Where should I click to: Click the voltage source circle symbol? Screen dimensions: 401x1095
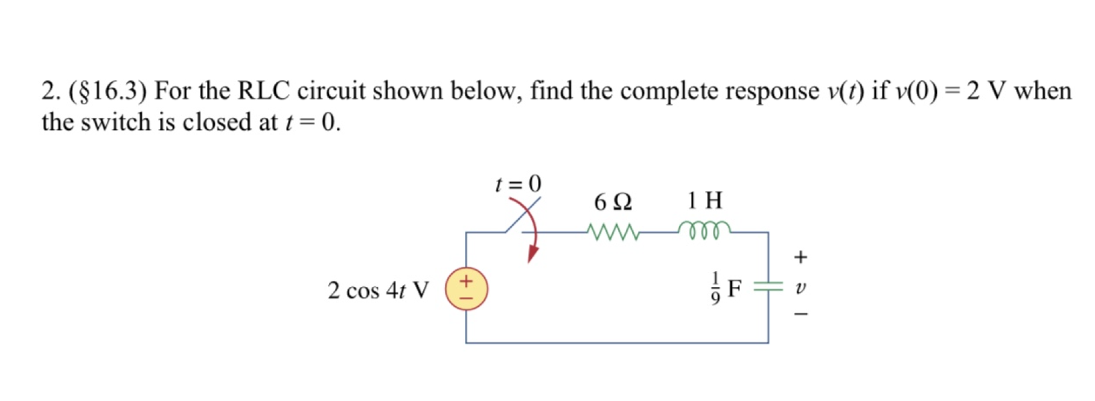click(x=466, y=289)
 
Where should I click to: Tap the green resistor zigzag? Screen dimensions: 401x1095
click(x=613, y=233)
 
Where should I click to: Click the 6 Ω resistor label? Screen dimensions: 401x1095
click(x=613, y=202)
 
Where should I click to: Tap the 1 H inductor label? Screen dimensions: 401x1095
click(x=704, y=200)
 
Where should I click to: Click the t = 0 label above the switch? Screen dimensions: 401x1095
click(x=518, y=183)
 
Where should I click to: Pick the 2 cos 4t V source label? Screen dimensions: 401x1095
click(x=378, y=290)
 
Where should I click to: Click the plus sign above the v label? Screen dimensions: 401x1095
click(x=800, y=257)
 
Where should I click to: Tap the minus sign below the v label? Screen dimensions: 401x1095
click(x=800, y=314)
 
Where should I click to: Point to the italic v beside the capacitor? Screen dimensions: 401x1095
click(x=800, y=287)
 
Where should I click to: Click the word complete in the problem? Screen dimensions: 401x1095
click(x=669, y=91)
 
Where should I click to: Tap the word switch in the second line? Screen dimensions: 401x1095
click(x=115, y=123)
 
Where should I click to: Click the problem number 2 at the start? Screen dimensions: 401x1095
click(x=48, y=91)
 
